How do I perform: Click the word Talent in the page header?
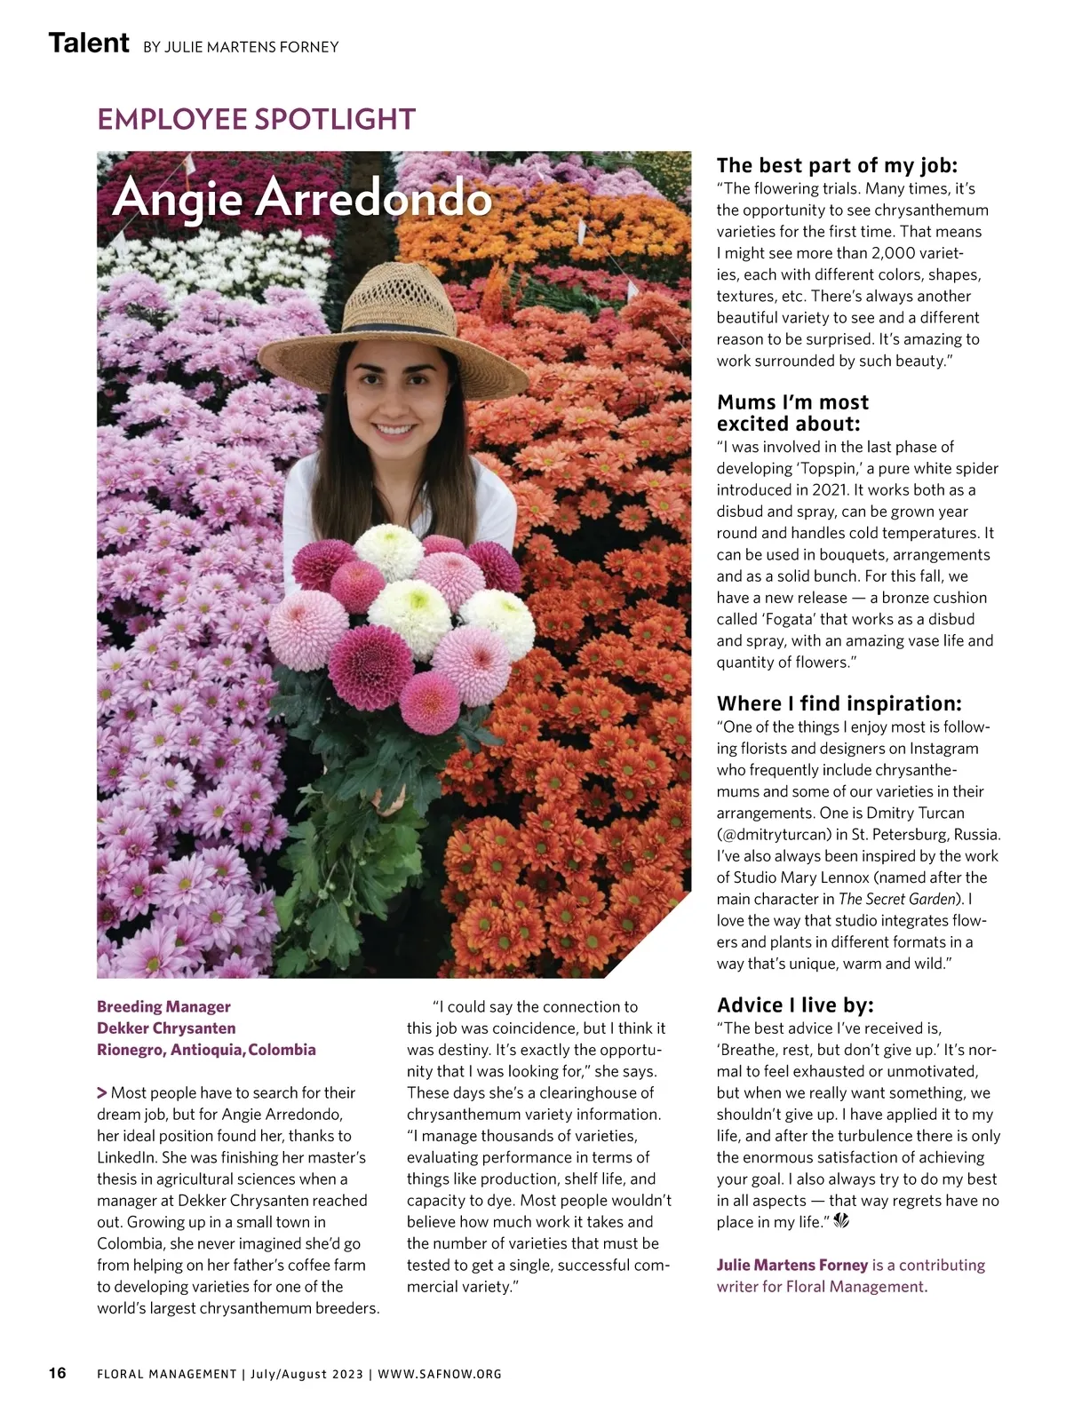pyautogui.click(x=89, y=43)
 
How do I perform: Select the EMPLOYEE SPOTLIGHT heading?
pyautogui.click(x=256, y=119)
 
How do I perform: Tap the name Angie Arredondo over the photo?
pyautogui.click(x=302, y=197)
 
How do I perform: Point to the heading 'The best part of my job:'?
pyautogui.click(x=837, y=165)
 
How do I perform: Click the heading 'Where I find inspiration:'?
pyautogui.click(x=839, y=703)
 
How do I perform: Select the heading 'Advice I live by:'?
pyautogui.click(x=795, y=1004)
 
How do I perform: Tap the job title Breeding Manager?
pyautogui.click(x=163, y=1006)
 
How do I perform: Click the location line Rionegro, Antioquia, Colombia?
pyautogui.click(x=206, y=1050)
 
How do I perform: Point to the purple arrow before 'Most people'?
pyautogui.click(x=102, y=1092)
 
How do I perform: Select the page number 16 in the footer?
pyautogui.click(x=57, y=1373)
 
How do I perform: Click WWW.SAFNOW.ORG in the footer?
pyautogui.click(x=440, y=1374)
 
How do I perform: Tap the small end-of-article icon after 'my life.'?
pyautogui.click(x=842, y=1222)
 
